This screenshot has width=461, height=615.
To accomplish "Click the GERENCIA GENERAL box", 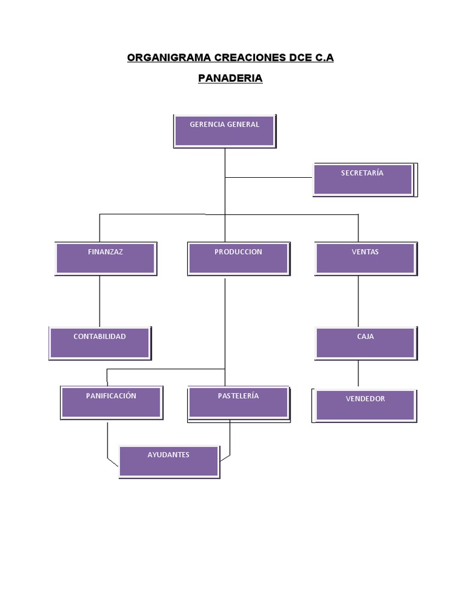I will (224, 131).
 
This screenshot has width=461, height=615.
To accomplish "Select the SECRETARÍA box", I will (363, 180).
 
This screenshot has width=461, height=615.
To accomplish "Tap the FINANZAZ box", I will (106, 258).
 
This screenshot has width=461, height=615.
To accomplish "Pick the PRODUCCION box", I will (238, 258).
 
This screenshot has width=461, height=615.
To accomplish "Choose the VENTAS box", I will (365, 258).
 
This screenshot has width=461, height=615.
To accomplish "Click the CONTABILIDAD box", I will (100, 343).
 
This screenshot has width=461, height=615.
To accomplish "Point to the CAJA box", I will (365, 343).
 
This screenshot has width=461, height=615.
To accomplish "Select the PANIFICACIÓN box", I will (111, 402).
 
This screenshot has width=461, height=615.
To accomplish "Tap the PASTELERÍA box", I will (238, 402).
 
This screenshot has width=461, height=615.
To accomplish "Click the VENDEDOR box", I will (365, 405).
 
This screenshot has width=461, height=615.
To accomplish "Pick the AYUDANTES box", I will (169, 461).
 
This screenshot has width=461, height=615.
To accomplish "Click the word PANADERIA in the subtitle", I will (230, 79).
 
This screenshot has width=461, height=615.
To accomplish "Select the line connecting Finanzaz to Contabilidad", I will (100, 300).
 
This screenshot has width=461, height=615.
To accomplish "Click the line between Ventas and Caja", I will (358, 300).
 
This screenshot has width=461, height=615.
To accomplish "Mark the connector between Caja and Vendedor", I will (358, 374).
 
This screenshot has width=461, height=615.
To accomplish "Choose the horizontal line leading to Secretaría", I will (269, 177).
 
